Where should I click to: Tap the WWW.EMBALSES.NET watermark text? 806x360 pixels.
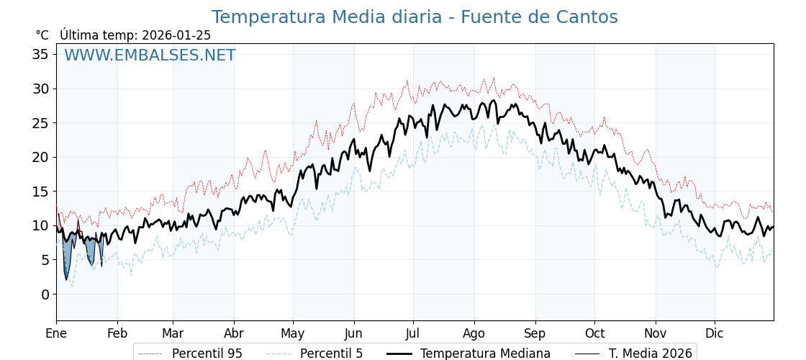(x=150, y=55)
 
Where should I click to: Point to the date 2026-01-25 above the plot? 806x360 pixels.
(x=176, y=35)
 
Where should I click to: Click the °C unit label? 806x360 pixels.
(x=42, y=35)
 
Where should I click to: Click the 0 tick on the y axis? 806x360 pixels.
(x=45, y=294)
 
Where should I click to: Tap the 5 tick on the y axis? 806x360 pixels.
(x=45, y=260)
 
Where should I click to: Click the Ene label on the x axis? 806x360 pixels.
(x=56, y=334)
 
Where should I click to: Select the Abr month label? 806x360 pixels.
(x=234, y=334)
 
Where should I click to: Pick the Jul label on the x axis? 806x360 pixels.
(x=413, y=334)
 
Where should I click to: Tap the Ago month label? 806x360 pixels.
(x=474, y=334)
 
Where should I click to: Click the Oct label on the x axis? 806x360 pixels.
(x=594, y=334)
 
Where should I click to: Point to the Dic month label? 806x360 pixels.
(x=715, y=334)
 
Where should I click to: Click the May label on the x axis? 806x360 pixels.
(x=293, y=334)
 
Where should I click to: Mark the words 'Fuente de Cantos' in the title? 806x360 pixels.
(x=539, y=17)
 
